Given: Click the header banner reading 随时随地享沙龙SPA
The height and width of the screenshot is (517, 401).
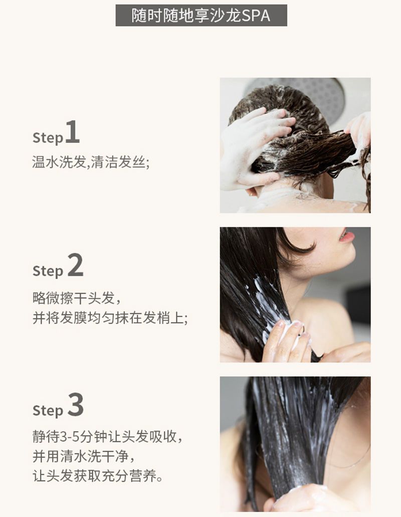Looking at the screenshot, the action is [201, 16].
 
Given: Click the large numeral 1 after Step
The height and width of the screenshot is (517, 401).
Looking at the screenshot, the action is [73, 131].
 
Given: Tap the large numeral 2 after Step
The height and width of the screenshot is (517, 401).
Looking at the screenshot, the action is [76, 265].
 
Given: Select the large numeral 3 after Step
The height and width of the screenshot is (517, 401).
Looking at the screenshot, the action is [76, 405].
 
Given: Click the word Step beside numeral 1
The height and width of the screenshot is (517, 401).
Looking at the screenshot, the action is [48, 138].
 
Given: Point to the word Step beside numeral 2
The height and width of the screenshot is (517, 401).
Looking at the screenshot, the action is [48, 271].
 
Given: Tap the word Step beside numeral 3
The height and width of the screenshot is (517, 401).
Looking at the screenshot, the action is [48, 411].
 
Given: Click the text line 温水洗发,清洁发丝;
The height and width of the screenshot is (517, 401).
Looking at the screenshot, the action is [91, 162].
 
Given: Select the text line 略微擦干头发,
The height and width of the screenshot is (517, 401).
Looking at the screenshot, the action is [77, 298].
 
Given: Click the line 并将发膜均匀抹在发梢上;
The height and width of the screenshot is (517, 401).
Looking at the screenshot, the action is [110, 318].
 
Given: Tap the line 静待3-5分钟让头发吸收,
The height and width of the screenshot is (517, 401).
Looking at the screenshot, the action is [107, 437].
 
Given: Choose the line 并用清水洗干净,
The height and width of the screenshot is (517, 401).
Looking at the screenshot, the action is [84, 456].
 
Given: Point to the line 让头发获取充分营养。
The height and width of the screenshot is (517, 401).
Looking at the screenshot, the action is [98, 476].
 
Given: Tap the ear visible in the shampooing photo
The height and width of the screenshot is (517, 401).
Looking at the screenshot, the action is [252, 191].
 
